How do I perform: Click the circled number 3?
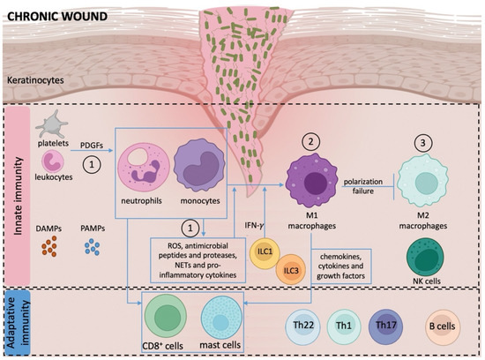[x=422, y=141]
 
